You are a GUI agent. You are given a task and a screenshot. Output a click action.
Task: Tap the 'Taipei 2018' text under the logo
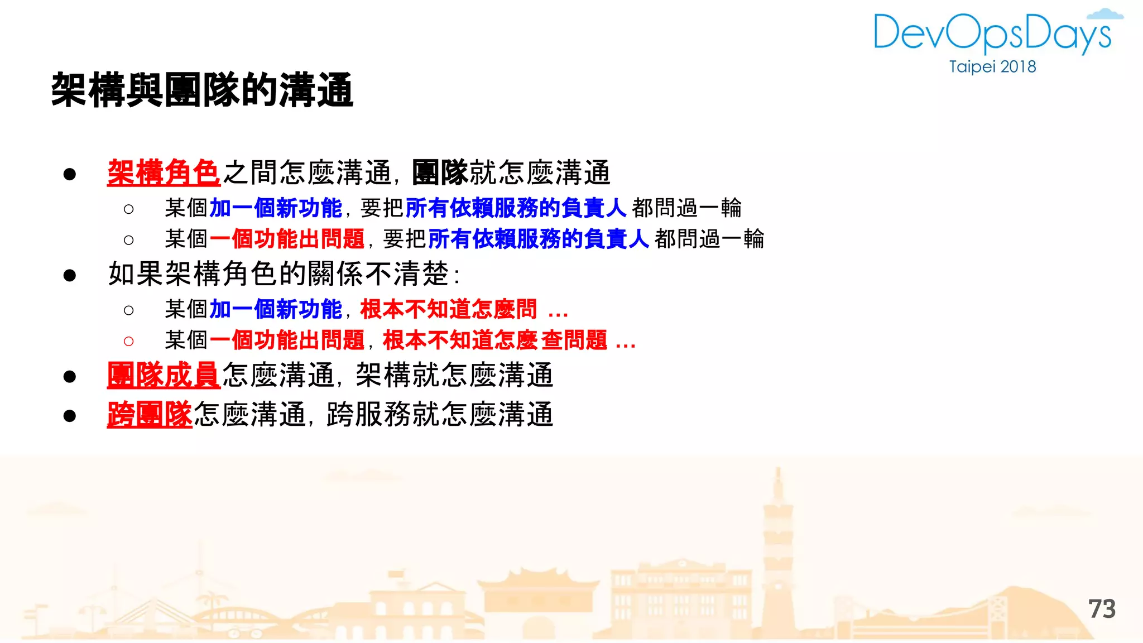click(x=992, y=67)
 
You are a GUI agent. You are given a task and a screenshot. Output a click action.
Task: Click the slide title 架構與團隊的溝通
click(x=202, y=90)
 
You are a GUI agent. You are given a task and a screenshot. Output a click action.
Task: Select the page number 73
click(x=1102, y=609)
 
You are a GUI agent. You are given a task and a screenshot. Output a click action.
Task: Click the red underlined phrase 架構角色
click(x=164, y=172)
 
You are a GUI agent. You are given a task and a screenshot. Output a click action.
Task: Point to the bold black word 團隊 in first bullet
click(x=440, y=172)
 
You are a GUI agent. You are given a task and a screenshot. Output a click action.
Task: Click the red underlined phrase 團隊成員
click(x=164, y=375)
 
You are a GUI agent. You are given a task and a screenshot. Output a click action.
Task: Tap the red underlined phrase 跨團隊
click(x=150, y=415)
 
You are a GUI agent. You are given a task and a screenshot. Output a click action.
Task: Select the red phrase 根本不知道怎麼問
click(x=448, y=309)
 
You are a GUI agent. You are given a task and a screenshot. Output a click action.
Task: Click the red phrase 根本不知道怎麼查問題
click(x=495, y=340)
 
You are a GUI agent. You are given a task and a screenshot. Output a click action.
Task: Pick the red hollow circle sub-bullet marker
click(x=129, y=341)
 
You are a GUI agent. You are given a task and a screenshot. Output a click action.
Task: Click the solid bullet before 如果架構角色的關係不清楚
click(x=70, y=275)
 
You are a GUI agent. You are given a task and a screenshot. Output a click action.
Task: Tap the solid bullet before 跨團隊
click(x=70, y=416)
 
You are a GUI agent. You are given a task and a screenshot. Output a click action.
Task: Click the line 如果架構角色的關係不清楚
click(x=284, y=274)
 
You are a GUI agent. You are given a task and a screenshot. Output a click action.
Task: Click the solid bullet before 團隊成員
click(x=70, y=376)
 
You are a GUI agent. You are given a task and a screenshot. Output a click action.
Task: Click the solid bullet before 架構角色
click(x=70, y=174)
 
